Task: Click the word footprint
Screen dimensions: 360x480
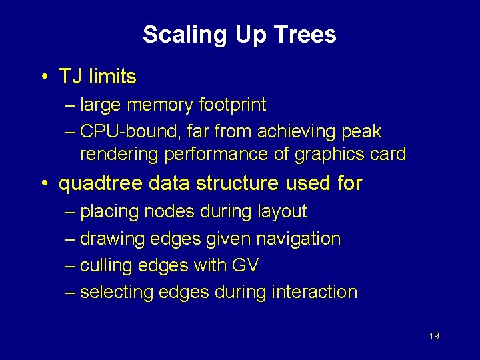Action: pos(233,105)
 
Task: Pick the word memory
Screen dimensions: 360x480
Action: pos(161,105)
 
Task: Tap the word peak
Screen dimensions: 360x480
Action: pos(361,131)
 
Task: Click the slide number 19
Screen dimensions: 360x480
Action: pos(433,336)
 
